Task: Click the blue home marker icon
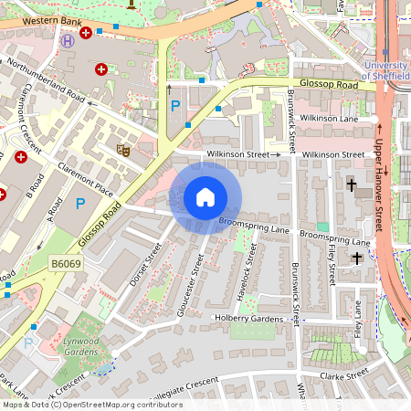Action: [205, 197]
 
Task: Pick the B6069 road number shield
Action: [66, 263]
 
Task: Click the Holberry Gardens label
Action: [249, 318]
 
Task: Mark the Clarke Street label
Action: [344, 374]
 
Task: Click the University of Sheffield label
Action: [384, 70]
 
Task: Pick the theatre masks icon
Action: [122, 148]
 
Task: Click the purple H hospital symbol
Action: [68, 40]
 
